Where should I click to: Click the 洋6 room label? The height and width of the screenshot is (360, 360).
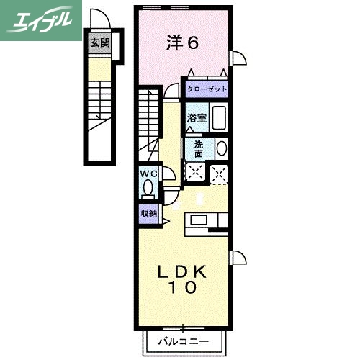click(183, 42)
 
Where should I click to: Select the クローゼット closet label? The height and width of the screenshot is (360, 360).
click(207, 89)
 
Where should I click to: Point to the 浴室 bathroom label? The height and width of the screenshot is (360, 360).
click(197, 118)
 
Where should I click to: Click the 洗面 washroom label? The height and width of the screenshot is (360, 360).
click(198, 148)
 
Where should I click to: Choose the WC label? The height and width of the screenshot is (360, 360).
click(148, 174)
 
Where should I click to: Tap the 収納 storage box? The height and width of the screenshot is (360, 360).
click(148, 213)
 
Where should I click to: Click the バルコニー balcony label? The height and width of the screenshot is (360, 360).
click(184, 341)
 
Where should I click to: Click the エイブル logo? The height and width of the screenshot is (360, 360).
click(39, 19)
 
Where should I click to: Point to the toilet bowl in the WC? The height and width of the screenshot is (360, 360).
click(148, 189)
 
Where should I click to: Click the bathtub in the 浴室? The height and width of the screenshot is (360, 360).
click(220, 117)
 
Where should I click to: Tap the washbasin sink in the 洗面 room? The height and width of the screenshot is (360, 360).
click(221, 148)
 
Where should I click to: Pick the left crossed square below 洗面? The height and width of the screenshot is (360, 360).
click(194, 171)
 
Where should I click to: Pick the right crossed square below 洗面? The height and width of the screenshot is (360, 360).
click(219, 171)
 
